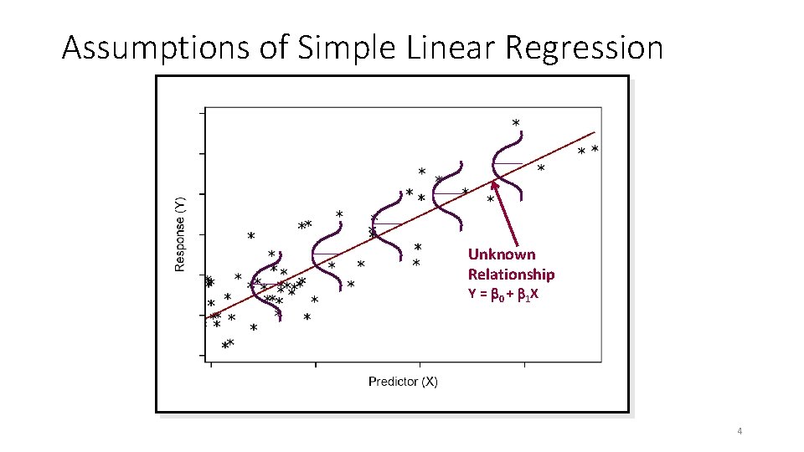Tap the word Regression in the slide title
[x=583, y=49]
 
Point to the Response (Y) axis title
[x=179, y=234]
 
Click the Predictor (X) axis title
[x=403, y=382]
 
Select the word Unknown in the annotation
[x=501, y=254]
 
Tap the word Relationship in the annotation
[x=511, y=275]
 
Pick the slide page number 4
[x=740, y=431]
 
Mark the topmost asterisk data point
[x=515, y=123]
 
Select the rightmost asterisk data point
[x=595, y=148]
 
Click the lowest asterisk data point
[x=224, y=345]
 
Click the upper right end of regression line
[x=595, y=132]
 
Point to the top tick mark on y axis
[x=202, y=111]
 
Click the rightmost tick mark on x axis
[x=524, y=364]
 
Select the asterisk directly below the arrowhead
[x=491, y=200]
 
